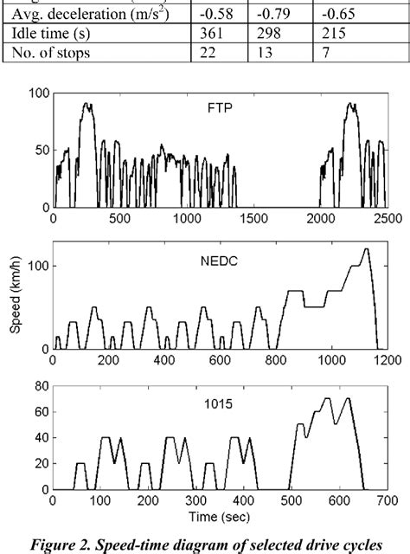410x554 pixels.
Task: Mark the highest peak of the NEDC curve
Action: (366, 249)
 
